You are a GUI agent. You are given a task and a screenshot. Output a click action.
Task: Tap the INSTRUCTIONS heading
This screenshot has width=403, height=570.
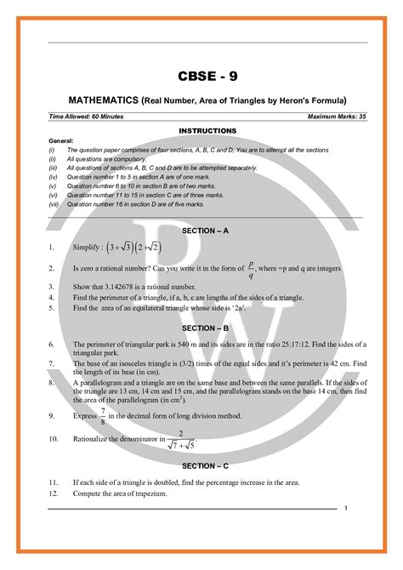pyautogui.click(x=207, y=130)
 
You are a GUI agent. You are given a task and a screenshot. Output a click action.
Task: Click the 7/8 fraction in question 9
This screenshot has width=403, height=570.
pyautogui.click(x=103, y=416)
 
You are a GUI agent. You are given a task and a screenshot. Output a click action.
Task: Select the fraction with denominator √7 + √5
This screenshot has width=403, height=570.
pyautogui.click(x=180, y=439)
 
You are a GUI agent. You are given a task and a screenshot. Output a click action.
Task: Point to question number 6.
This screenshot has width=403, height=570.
pyautogui.click(x=53, y=345)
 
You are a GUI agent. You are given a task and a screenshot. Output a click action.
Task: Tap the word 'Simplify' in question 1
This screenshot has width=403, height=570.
pyautogui.click(x=82, y=248)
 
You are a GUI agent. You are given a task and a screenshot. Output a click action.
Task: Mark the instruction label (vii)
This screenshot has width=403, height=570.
pyautogui.click(x=54, y=204)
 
